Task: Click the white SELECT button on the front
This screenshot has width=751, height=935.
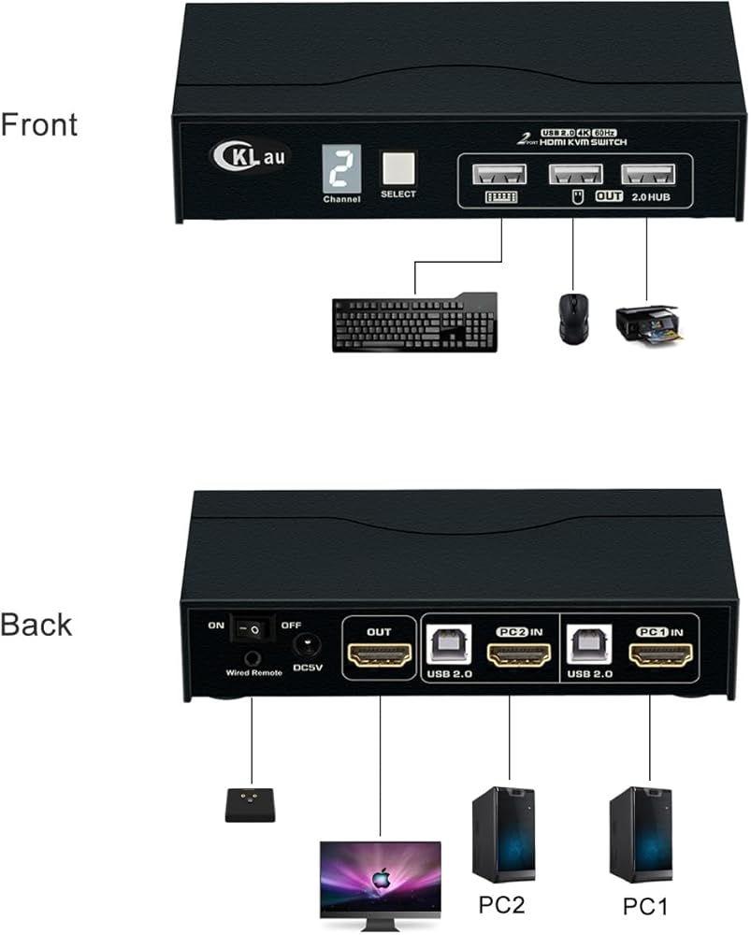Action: click(398, 166)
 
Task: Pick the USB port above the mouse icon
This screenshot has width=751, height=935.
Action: click(573, 176)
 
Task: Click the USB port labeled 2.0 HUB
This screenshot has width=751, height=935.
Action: click(646, 176)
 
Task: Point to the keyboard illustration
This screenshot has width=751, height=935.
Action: click(414, 323)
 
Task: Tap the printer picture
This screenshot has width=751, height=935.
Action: click(646, 324)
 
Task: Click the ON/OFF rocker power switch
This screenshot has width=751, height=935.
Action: click(252, 631)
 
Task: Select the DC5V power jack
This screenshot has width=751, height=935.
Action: click(306, 644)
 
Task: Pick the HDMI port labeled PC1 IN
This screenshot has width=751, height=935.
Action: click(661, 656)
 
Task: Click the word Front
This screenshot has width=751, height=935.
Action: click(39, 125)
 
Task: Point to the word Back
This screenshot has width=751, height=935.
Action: click(36, 625)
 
